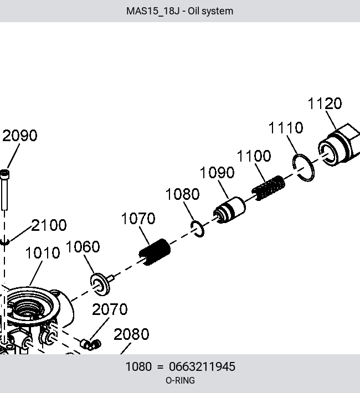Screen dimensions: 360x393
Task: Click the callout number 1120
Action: [325, 104]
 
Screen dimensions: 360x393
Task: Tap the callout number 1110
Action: [286, 127]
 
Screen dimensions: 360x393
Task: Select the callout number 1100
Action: [254, 156]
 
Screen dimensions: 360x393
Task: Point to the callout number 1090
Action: [217, 173]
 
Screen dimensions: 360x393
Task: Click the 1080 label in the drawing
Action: [183, 194]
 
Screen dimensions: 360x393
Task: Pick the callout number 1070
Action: [138, 218]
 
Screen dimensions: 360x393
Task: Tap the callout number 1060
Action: [83, 247]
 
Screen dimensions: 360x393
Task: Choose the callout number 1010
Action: [43, 252]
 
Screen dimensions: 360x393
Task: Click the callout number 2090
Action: [20, 136]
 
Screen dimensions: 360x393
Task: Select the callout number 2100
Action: [49, 225]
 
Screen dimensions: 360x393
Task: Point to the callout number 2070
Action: [110, 309]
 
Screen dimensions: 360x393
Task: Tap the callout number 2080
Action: [131, 334]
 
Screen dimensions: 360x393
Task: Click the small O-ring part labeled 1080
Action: [197, 229]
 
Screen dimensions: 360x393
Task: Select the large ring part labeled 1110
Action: [304, 168]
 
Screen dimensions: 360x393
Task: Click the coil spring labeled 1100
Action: [269, 188]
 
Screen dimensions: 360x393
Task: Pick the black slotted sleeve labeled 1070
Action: [155, 252]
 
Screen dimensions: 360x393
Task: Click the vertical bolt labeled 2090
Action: [4, 190]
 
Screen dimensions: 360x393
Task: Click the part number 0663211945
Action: [202, 366]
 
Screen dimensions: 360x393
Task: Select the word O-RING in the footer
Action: [180, 380]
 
